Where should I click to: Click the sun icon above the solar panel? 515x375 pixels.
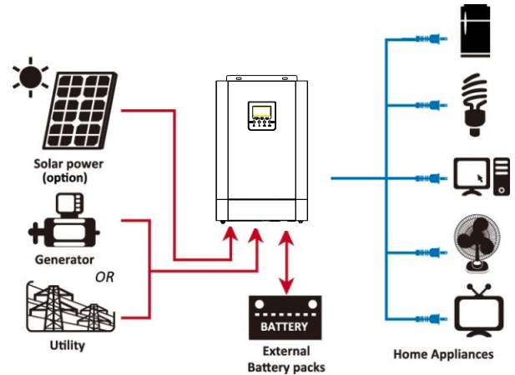tap(31, 77)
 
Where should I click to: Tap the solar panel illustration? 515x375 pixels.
tap(81, 111)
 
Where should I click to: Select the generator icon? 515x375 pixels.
tap(63, 220)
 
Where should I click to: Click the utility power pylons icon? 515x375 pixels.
tap(70, 307)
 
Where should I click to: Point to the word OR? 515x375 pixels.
tap(104, 277)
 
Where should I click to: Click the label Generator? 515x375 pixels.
tap(64, 260)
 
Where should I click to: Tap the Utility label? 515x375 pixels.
tap(68, 346)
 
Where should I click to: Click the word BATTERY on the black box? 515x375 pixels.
tap(285, 327)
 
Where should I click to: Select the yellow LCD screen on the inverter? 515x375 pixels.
tap(261, 112)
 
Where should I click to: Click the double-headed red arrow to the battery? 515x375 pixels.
tap(287, 262)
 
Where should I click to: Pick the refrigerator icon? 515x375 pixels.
tap(475, 31)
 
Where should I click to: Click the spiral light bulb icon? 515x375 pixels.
tap(474, 105)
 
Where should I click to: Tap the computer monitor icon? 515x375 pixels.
tap(472, 177)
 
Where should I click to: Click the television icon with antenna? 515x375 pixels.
tap(479, 311)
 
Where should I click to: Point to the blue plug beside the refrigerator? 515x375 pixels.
tap(431, 39)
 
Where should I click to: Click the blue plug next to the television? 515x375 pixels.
tap(431, 318)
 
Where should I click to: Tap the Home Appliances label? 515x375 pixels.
tap(443, 354)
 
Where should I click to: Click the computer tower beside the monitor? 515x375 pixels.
tap(502, 177)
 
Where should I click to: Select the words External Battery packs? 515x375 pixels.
tap(286, 359)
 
